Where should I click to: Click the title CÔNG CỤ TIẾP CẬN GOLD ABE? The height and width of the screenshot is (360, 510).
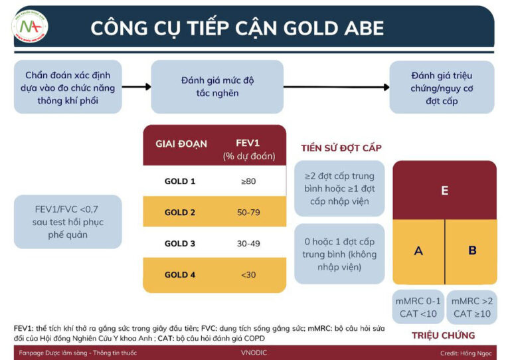click(237, 28)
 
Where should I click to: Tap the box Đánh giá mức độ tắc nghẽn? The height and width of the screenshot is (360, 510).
click(217, 87)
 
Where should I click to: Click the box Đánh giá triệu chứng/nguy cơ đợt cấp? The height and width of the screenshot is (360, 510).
click(442, 87)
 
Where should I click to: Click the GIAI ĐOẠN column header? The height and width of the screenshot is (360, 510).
click(181, 144)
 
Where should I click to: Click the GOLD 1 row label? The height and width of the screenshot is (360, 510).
click(181, 181)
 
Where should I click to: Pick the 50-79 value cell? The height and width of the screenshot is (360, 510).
click(249, 213)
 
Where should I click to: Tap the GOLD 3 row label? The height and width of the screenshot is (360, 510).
click(181, 244)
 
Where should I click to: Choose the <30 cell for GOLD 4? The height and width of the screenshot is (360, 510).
click(249, 275)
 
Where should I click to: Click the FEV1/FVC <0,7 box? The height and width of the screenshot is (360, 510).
click(68, 222)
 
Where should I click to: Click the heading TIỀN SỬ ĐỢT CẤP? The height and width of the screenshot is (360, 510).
click(341, 147)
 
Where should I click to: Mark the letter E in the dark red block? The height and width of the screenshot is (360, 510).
click(444, 191)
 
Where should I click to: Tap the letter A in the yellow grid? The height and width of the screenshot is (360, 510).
click(418, 251)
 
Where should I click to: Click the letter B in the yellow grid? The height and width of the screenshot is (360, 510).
click(472, 251)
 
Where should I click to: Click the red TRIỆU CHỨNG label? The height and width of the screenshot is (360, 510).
click(444, 335)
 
